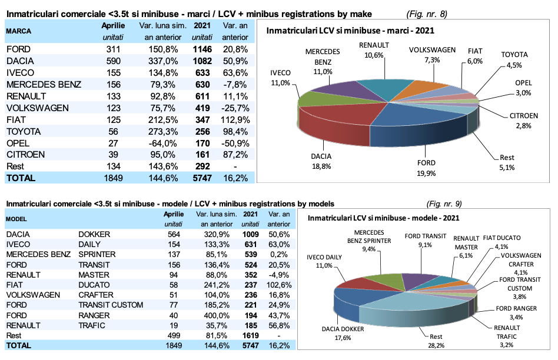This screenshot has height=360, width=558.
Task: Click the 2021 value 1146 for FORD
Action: click(202, 50)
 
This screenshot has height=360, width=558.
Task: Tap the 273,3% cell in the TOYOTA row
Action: click(162, 132)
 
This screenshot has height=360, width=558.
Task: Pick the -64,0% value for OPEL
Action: click(162, 144)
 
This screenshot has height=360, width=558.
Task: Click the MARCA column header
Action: click(19, 31)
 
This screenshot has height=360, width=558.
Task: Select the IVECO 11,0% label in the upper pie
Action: click(280, 78)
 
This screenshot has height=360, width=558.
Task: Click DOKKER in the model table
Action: click(94, 234)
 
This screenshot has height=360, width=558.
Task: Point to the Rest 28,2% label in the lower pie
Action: click(436, 342)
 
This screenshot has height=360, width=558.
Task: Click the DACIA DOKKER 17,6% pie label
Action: click(343, 333)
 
